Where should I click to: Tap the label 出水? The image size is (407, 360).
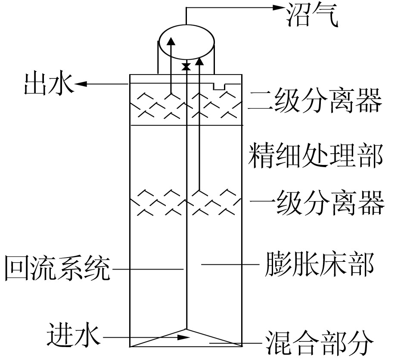click(49, 84)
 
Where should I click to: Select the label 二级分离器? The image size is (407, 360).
click(316, 101)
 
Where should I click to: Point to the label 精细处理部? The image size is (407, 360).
click(316, 155)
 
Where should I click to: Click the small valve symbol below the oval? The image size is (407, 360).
click(186, 66)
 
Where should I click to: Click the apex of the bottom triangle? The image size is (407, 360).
click(186, 329)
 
